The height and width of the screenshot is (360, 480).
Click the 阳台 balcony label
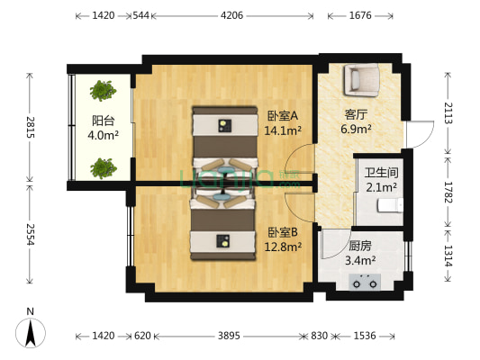click(x=100, y=121)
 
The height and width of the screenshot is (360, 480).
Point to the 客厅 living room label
click(x=356, y=115)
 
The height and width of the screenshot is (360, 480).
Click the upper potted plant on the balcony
click(x=102, y=89)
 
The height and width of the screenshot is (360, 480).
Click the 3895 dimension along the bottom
click(x=229, y=336)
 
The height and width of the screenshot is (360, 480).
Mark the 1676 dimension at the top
click(x=360, y=15)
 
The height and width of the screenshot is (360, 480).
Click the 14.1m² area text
click(x=282, y=130)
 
